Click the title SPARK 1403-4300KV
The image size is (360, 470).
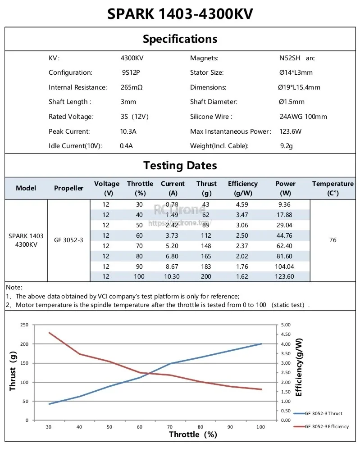[x=180, y=14]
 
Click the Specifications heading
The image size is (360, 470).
[x=180, y=39]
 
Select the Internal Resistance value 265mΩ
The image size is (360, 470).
[x=132, y=87]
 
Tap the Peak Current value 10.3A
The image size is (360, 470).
[x=128, y=131]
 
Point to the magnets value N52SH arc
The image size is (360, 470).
[x=297, y=58]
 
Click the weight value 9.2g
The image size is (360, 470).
[x=286, y=146]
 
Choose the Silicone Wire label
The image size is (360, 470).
[x=211, y=117]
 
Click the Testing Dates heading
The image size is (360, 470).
[x=180, y=166]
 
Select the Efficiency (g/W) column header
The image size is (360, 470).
[x=243, y=188]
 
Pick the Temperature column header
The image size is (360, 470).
[x=333, y=188]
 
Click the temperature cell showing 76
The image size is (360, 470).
[x=333, y=240]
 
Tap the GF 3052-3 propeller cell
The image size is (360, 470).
[x=68, y=240]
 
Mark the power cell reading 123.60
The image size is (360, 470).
[x=284, y=276]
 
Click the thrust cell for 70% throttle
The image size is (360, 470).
[x=206, y=246]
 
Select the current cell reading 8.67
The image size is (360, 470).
[x=172, y=267]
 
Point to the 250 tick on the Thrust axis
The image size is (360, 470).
[x=24, y=325]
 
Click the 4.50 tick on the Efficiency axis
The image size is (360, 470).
[x=286, y=334]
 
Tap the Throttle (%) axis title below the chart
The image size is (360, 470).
[x=193, y=434]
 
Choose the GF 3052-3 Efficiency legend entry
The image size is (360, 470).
[x=321, y=426]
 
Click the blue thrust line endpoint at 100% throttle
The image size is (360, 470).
[x=261, y=344]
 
